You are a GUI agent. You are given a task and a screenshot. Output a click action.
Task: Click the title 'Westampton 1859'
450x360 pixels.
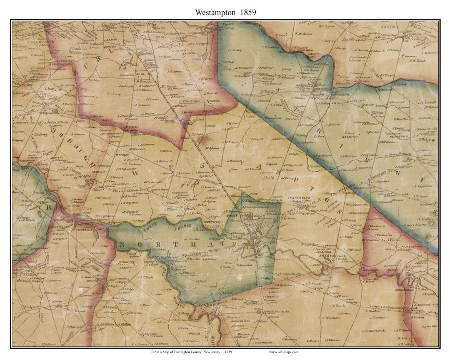(225, 12)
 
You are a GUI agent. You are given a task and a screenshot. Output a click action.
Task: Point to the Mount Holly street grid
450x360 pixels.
(256, 233)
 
